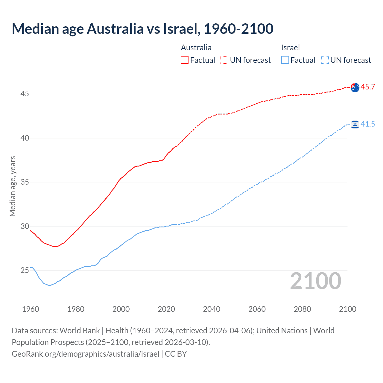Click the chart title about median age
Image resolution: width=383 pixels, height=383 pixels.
(142, 29)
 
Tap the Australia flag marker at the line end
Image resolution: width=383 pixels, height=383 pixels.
(355, 87)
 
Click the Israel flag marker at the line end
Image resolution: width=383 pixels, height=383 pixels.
(355, 124)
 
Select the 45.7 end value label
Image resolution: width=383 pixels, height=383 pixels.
(368, 87)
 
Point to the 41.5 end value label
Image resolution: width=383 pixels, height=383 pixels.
(368, 124)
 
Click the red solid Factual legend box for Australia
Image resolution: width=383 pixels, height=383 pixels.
(185, 60)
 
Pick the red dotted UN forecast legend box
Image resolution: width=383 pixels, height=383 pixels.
(224, 60)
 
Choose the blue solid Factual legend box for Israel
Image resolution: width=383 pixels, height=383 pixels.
(285, 60)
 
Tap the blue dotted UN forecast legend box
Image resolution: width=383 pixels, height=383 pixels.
(325, 60)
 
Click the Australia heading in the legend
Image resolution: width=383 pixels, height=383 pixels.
(196, 48)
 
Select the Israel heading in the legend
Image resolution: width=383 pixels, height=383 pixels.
(290, 48)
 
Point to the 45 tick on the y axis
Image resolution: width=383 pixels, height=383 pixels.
(25, 94)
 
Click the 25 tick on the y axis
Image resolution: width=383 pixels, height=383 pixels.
(25, 270)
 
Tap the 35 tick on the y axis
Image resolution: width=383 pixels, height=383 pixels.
(25, 182)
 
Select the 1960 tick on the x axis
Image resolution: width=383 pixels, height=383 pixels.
(31, 309)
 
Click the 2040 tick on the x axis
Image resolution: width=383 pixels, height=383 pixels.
(212, 309)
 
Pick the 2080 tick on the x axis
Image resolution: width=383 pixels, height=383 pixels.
(302, 309)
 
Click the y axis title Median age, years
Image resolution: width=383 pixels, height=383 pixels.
(13, 186)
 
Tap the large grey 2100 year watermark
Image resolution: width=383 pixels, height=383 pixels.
(315, 281)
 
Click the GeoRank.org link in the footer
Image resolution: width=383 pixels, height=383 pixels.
(86, 354)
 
